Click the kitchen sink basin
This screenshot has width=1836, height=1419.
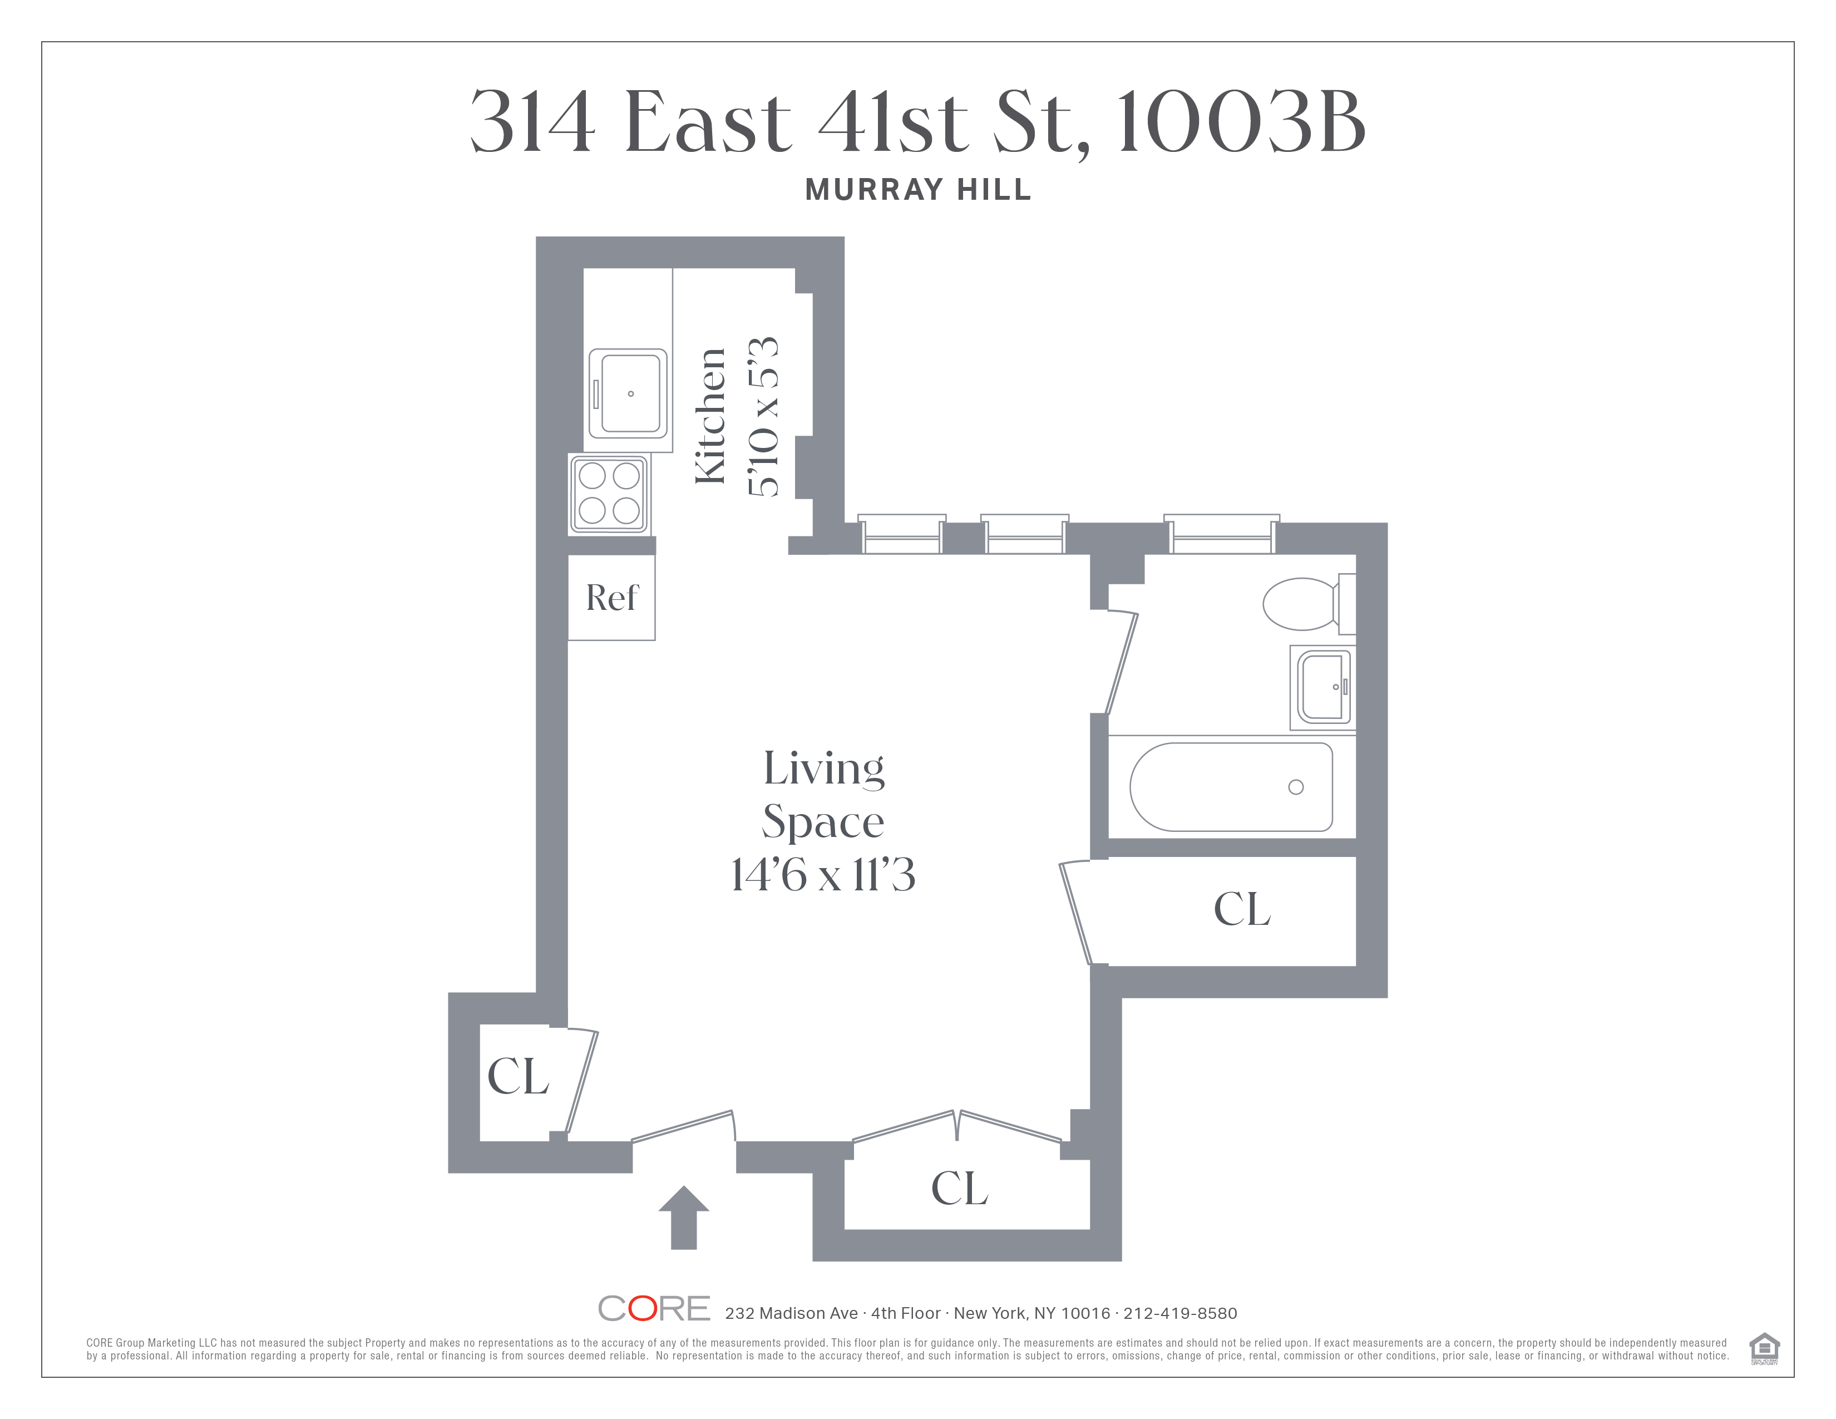click(x=628, y=393)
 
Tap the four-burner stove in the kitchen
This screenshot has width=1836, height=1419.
click(x=609, y=494)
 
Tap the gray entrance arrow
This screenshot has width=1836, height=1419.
click(x=683, y=1217)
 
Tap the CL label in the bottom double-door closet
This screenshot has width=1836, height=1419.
click(x=959, y=1188)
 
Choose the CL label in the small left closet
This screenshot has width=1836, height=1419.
click(x=518, y=1076)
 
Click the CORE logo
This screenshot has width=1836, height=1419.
click(x=654, y=1309)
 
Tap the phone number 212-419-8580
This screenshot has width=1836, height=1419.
click(x=1180, y=1313)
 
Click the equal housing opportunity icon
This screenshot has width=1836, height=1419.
click(x=1764, y=1348)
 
